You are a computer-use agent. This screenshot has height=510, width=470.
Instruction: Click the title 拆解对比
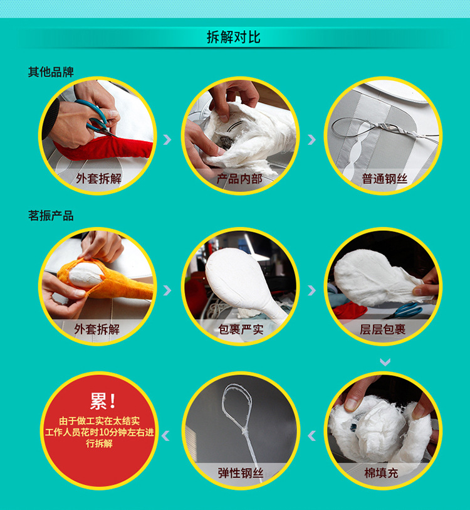tap(234, 37)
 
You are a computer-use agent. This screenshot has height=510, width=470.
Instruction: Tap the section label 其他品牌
tap(51, 72)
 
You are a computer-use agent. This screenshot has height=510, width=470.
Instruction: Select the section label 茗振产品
tap(51, 216)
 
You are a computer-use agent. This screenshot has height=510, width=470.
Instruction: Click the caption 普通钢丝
tap(385, 179)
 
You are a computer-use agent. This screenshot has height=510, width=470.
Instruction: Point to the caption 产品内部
tap(239, 179)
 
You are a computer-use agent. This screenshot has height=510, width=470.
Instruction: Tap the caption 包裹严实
tap(241, 329)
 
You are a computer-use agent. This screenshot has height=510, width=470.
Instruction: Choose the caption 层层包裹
tap(382, 329)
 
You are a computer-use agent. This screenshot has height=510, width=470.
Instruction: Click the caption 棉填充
tap(381, 473)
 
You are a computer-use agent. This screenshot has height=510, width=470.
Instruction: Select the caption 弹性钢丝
tap(241, 473)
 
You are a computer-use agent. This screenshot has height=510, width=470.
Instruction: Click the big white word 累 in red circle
tap(98, 401)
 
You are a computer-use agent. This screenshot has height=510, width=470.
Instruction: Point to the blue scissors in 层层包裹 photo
tap(405, 311)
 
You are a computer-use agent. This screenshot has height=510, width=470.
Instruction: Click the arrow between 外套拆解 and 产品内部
tap(167, 139)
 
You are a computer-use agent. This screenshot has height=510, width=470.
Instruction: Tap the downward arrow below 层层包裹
tap(385, 362)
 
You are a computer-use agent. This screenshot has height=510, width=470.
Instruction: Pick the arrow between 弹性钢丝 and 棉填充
tap(311, 435)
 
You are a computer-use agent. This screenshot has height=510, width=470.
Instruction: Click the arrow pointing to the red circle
tap(165, 435)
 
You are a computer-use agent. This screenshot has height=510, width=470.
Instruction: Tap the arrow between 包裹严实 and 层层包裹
tap(311, 290)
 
